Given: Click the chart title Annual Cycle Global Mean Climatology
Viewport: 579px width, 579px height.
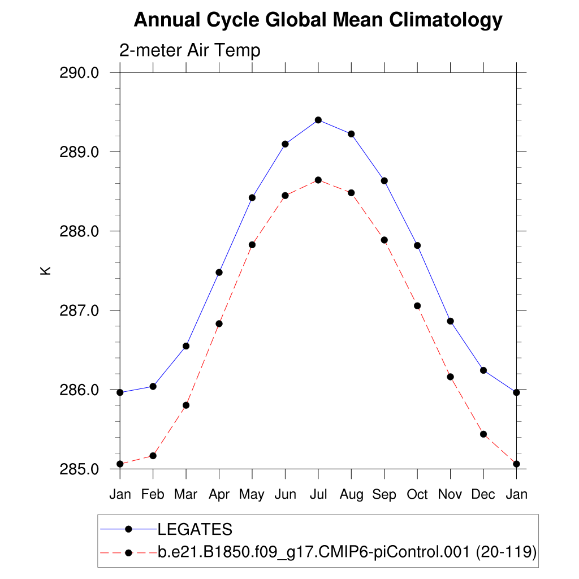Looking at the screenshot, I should click(x=318, y=20).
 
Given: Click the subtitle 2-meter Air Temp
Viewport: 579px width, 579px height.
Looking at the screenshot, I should click(x=189, y=50).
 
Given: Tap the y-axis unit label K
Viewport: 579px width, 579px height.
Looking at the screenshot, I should click(x=46, y=270).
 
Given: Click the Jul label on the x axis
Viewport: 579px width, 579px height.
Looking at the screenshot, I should click(x=318, y=495).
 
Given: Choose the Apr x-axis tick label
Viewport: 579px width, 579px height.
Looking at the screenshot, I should click(x=219, y=495).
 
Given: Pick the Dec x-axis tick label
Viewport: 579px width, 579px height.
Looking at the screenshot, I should click(x=483, y=495).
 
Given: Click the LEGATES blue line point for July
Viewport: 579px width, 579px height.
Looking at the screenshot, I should click(x=318, y=120).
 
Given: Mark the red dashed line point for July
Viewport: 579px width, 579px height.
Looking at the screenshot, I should click(x=318, y=180).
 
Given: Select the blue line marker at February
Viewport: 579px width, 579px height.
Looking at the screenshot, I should click(x=153, y=386).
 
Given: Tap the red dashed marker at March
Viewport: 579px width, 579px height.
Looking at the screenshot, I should click(x=186, y=405).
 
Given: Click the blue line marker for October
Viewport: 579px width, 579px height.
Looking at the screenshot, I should click(x=417, y=245).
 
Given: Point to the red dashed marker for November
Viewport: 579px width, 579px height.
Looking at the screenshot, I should click(x=451, y=377).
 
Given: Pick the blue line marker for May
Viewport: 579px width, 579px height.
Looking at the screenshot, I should click(x=252, y=197).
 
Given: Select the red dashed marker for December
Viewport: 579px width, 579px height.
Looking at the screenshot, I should click(x=483, y=434).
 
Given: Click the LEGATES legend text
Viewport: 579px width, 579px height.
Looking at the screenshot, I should click(x=195, y=529).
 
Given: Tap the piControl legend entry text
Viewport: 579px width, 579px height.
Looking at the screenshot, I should click(x=347, y=552).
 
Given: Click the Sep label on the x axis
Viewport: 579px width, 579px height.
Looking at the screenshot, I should click(x=384, y=495).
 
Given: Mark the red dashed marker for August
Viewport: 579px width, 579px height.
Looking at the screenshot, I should click(x=351, y=193).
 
